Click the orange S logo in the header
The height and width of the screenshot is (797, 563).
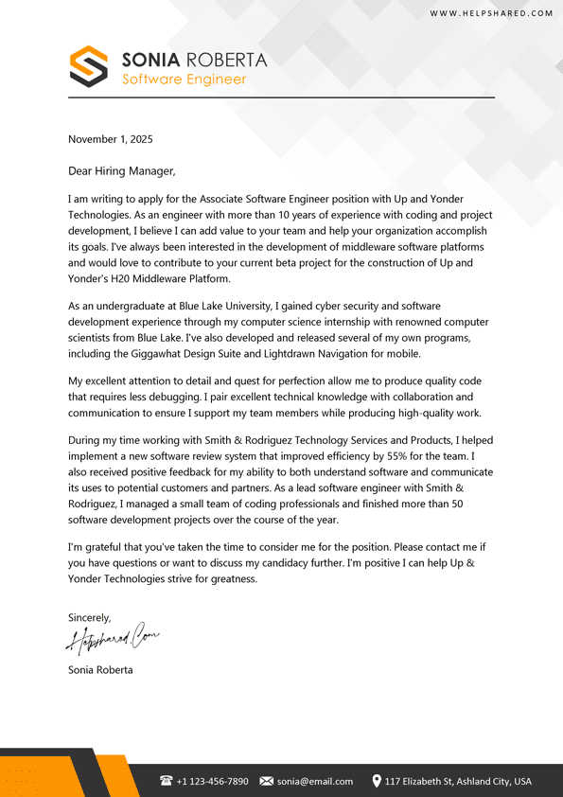pyautogui.click(x=89, y=66)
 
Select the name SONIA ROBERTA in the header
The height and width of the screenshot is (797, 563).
pyautogui.click(x=194, y=60)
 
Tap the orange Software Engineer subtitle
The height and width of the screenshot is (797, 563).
pyautogui.click(x=184, y=80)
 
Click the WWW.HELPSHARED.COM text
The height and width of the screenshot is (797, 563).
pyautogui.click(x=491, y=13)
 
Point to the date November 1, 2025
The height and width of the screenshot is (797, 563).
pyautogui.click(x=110, y=139)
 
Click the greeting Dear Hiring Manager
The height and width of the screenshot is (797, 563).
pyautogui.click(x=121, y=171)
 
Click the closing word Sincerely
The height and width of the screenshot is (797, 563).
pyautogui.click(x=89, y=618)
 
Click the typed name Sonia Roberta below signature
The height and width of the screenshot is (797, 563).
pyautogui.click(x=100, y=670)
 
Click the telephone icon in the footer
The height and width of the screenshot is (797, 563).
pyautogui.click(x=167, y=781)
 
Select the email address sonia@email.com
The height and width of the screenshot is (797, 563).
pyautogui.click(x=314, y=782)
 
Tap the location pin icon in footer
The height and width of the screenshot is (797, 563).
pyautogui.click(x=377, y=781)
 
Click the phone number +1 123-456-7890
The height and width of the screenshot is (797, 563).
pyautogui.click(x=212, y=782)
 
